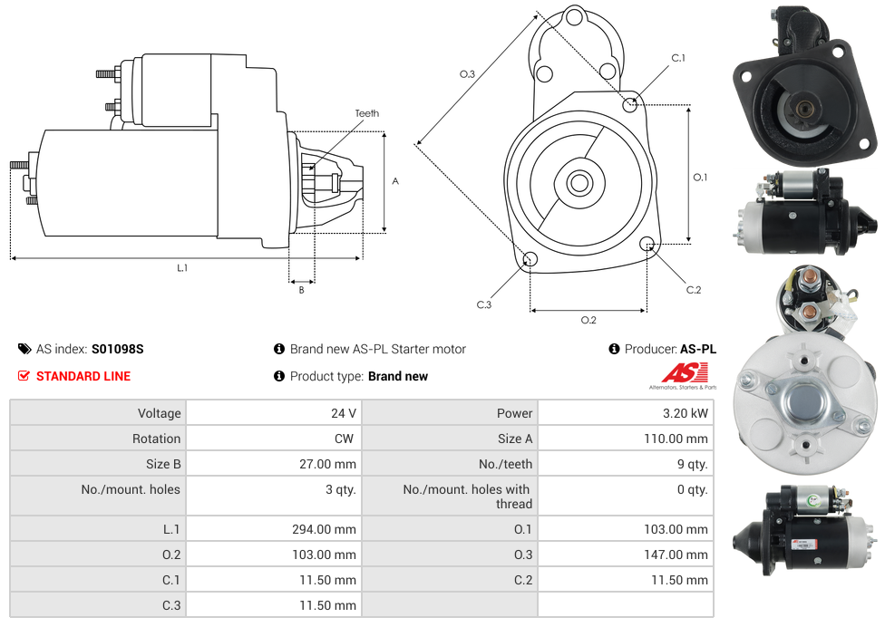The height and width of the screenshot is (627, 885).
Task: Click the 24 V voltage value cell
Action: point(343,413)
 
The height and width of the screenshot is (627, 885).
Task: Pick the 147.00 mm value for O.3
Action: point(683,555)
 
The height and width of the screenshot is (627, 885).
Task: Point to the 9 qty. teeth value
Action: point(691,464)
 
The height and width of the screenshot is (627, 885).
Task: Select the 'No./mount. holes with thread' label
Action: point(467,497)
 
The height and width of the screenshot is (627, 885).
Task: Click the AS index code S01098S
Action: point(117,349)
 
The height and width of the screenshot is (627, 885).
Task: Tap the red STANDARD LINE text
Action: point(83,376)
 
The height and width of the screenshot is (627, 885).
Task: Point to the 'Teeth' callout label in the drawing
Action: point(367,113)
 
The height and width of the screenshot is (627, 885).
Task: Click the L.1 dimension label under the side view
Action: point(182,267)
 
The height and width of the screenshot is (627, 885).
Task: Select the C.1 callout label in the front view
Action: point(677,58)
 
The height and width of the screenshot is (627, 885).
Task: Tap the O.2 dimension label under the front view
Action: point(588,319)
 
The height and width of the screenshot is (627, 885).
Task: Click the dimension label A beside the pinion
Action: point(395,181)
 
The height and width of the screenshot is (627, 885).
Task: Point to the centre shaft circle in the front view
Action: point(579,183)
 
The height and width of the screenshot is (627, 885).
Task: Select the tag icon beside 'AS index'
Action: point(24,349)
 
